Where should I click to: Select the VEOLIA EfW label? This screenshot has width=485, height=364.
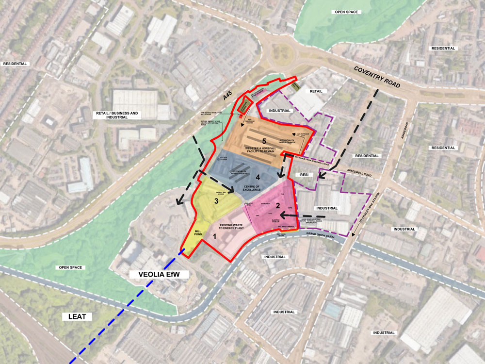click(159, 275)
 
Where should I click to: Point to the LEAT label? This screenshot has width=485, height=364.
click(77, 317)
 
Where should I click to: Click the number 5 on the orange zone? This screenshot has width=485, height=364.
click(251, 141)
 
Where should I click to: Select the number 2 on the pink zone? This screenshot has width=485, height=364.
click(278, 205)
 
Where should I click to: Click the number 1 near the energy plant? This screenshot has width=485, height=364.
click(214, 237)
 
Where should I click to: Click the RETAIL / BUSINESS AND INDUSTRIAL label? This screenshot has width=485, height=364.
click(115, 115)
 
